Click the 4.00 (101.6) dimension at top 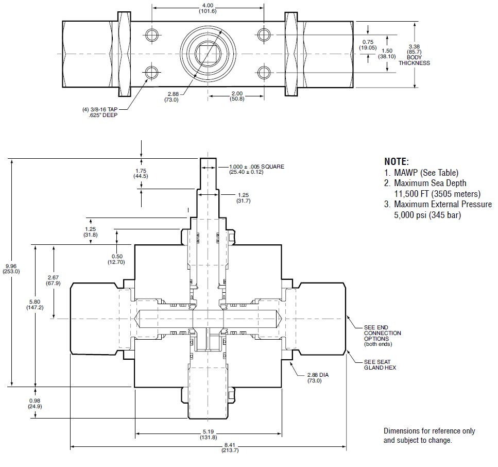coord(208,8)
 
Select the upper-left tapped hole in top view coord(152,35)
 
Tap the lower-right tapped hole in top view coord(264,73)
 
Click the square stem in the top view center coord(208,54)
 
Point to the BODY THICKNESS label coord(414,60)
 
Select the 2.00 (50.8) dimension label coord(237,96)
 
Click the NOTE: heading coord(397,161)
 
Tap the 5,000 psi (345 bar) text coord(427,215)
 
